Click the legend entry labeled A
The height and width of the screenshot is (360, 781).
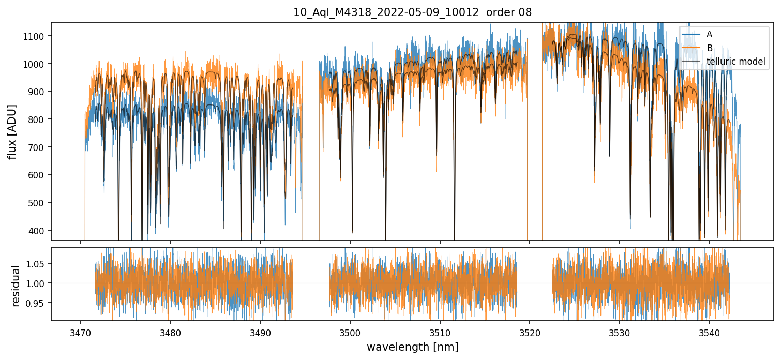709,34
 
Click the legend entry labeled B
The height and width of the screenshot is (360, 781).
709,48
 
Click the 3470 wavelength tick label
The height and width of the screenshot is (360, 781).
80,331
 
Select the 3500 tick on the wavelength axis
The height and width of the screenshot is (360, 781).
350,331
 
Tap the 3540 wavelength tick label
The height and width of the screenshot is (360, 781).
709,331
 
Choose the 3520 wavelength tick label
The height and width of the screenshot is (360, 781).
530,331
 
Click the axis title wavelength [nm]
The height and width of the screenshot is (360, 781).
412,347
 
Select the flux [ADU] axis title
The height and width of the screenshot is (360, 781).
12,131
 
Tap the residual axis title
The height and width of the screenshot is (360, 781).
16,286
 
